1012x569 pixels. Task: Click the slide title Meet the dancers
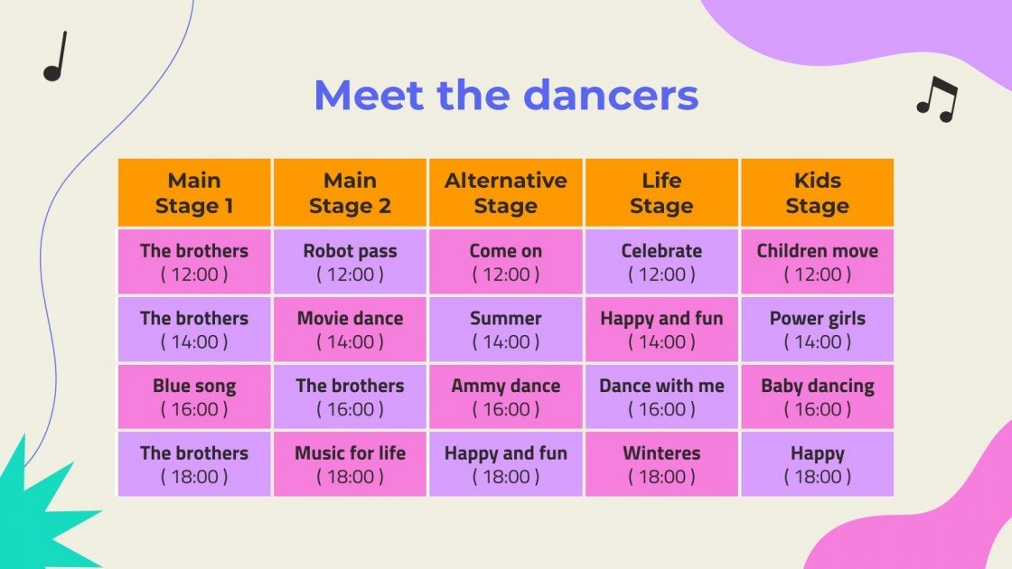pos(506,96)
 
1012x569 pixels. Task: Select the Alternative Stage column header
pos(506,192)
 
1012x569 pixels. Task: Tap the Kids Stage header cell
pos(817,192)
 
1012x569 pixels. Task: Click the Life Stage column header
pos(661,192)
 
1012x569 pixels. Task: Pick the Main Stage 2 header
pos(350,192)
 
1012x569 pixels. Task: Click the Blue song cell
pos(194,396)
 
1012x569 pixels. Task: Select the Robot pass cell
pos(350,262)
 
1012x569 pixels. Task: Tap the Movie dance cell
pos(350,330)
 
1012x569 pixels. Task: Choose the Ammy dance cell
pos(506,396)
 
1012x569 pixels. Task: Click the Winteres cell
pos(661,464)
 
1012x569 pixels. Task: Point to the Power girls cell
pos(817,330)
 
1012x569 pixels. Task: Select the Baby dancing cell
pos(817,396)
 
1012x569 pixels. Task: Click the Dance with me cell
pos(661,396)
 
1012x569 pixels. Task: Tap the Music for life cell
pos(350,464)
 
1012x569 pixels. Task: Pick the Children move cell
pos(817,262)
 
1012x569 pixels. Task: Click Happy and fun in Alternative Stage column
pos(506,464)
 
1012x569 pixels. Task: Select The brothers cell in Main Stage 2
pos(350,396)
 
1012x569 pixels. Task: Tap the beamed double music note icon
pos(937,98)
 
